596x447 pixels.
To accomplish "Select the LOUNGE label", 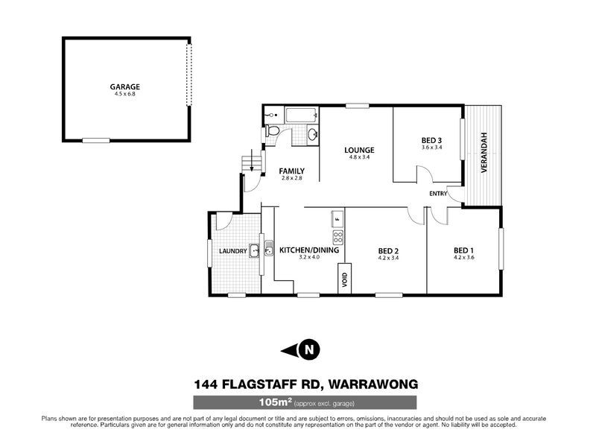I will (x=360, y=150).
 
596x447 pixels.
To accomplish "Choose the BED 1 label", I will (x=463, y=250).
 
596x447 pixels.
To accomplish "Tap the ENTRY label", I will (x=438, y=194).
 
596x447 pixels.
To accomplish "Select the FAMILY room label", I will (x=291, y=171).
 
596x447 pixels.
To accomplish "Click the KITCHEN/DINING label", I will (x=308, y=250).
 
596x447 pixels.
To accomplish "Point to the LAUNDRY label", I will (x=232, y=252).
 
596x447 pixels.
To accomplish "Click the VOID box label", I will (x=345, y=280).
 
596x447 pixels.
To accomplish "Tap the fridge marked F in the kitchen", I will (x=337, y=219).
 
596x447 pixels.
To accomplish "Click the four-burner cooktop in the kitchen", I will (x=337, y=238).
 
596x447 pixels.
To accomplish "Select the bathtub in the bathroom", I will (x=302, y=115).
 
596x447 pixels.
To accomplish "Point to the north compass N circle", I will (x=310, y=348).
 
